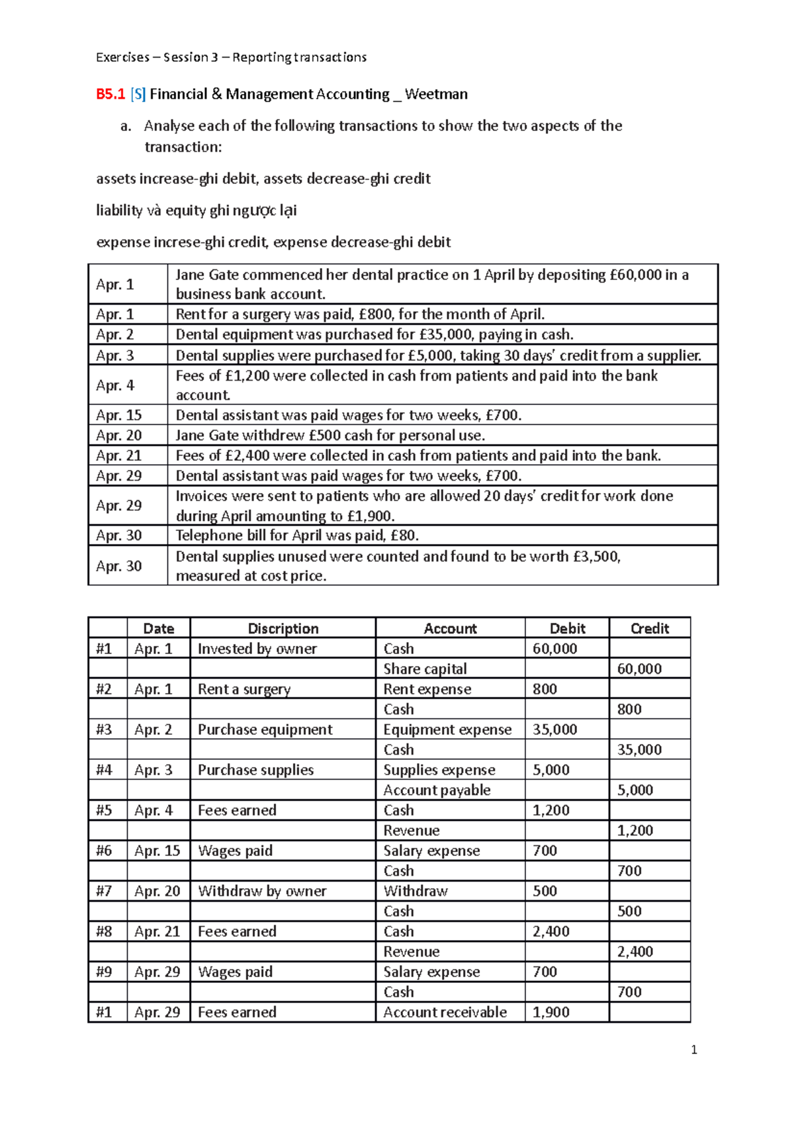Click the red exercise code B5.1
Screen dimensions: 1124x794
pyautogui.click(x=110, y=94)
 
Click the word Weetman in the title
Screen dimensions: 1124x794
pyautogui.click(x=436, y=94)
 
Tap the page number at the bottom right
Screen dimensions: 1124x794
pyautogui.click(x=693, y=1050)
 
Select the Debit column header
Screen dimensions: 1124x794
pyautogui.click(x=567, y=628)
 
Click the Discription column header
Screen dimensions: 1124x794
pyautogui.click(x=283, y=628)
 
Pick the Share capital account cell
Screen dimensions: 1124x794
pyautogui.click(x=425, y=669)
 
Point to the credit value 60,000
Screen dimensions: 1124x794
pyautogui.click(x=639, y=669)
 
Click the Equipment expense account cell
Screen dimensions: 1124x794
pyautogui.click(x=447, y=729)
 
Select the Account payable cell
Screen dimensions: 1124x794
pyautogui.click(x=437, y=790)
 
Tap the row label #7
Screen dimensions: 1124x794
pyautogui.click(x=104, y=891)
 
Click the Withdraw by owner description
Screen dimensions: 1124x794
pyautogui.click(x=262, y=891)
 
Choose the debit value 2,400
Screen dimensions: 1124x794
pyautogui.click(x=551, y=931)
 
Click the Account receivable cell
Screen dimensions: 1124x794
pyautogui.click(x=445, y=1012)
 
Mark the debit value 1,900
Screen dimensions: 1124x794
pyautogui.click(x=551, y=1012)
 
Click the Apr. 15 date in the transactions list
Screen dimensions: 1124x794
pyautogui.click(x=118, y=415)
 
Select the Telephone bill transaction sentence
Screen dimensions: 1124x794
pyautogui.click(x=297, y=535)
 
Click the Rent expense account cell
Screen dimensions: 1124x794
pyautogui.click(x=427, y=689)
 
